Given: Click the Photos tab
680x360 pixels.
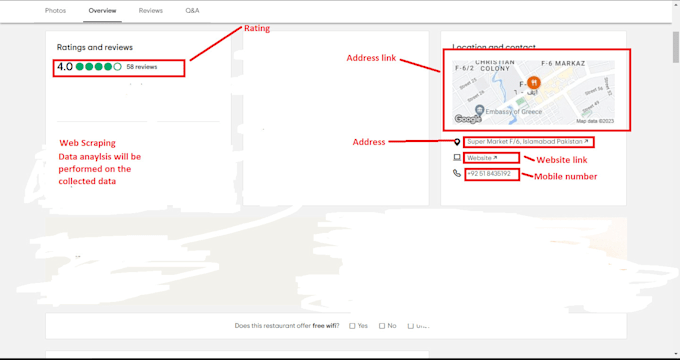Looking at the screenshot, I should (x=56, y=10).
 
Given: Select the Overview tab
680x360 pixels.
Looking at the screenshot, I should (x=102, y=10).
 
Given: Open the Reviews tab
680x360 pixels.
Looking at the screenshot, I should (x=151, y=10).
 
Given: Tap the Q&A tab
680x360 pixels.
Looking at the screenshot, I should (x=192, y=10).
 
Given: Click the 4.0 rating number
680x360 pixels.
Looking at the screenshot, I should (x=65, y=67).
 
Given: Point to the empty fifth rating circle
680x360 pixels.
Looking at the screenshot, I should (x=118, y=67).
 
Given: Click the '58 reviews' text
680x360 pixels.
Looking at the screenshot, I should (x=142, y=67).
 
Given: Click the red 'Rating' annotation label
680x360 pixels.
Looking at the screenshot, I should (x=257, y=29).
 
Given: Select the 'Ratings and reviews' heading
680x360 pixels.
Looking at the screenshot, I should (x=95, y=47).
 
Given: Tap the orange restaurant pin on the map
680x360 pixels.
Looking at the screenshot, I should (x=534, y=83).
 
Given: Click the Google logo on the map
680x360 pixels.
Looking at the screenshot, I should (x=468, y=119).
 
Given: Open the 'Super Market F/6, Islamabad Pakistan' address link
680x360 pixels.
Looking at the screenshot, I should (x=528, y=142).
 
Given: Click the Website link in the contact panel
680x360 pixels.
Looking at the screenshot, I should (x=481, y=158).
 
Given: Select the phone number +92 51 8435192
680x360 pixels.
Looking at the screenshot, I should (x=489, y=174).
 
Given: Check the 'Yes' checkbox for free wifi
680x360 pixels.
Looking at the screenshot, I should (x=352, y=326).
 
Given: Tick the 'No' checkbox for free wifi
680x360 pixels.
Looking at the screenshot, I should (x=381, y=326).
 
